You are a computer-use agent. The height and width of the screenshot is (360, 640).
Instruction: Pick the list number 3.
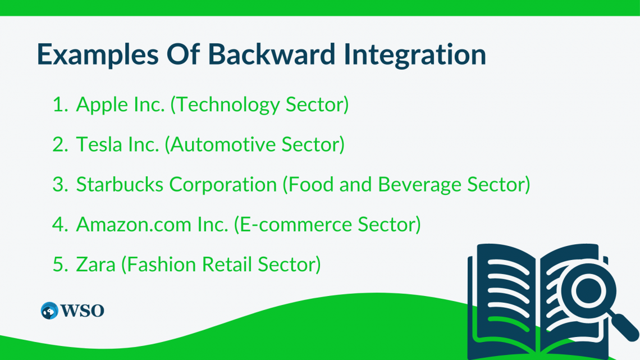59,184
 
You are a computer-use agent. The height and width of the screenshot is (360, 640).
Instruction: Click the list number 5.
59,264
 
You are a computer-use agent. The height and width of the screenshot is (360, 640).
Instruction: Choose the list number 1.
59,105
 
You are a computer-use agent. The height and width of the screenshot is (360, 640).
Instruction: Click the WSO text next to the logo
83,311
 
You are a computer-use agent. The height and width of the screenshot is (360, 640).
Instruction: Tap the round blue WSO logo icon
49,311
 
